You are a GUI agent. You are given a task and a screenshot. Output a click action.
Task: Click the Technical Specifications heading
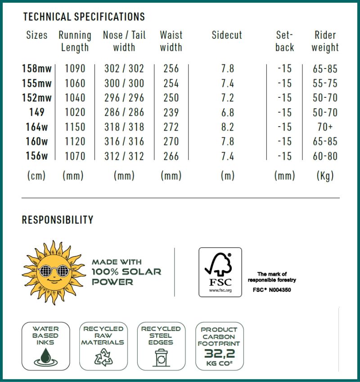[x=84, y=17]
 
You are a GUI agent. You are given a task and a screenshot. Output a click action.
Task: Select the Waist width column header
[x=171, y=41]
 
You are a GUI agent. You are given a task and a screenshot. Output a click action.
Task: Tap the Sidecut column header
[x=227, y=36]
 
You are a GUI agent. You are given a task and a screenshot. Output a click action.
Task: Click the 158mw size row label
[x=36, y=69]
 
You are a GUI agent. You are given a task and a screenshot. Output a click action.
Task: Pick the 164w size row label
[x=36, y=127]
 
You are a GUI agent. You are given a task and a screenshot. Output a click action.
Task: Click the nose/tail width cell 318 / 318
[x=124, y=127]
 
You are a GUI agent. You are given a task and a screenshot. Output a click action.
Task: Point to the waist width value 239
[x=171, y=113]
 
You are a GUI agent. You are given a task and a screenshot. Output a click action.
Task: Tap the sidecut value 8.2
[x=228, y=127]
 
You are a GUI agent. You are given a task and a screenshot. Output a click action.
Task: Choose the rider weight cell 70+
[x=325, y=127]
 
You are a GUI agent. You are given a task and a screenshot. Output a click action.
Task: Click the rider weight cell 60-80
[x=325, y=156]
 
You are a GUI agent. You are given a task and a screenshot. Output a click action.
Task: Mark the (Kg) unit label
[x=325, y=176]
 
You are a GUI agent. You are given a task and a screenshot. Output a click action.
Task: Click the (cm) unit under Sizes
[x=36, y=176]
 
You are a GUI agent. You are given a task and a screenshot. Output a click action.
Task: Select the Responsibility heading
[x=58, y=220]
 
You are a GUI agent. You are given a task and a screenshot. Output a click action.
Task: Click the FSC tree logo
[x=220, y=272]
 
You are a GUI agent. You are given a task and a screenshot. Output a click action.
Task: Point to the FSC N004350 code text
[x=272, y=290]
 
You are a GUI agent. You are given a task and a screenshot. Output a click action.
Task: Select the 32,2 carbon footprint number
[x=219, y=353]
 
